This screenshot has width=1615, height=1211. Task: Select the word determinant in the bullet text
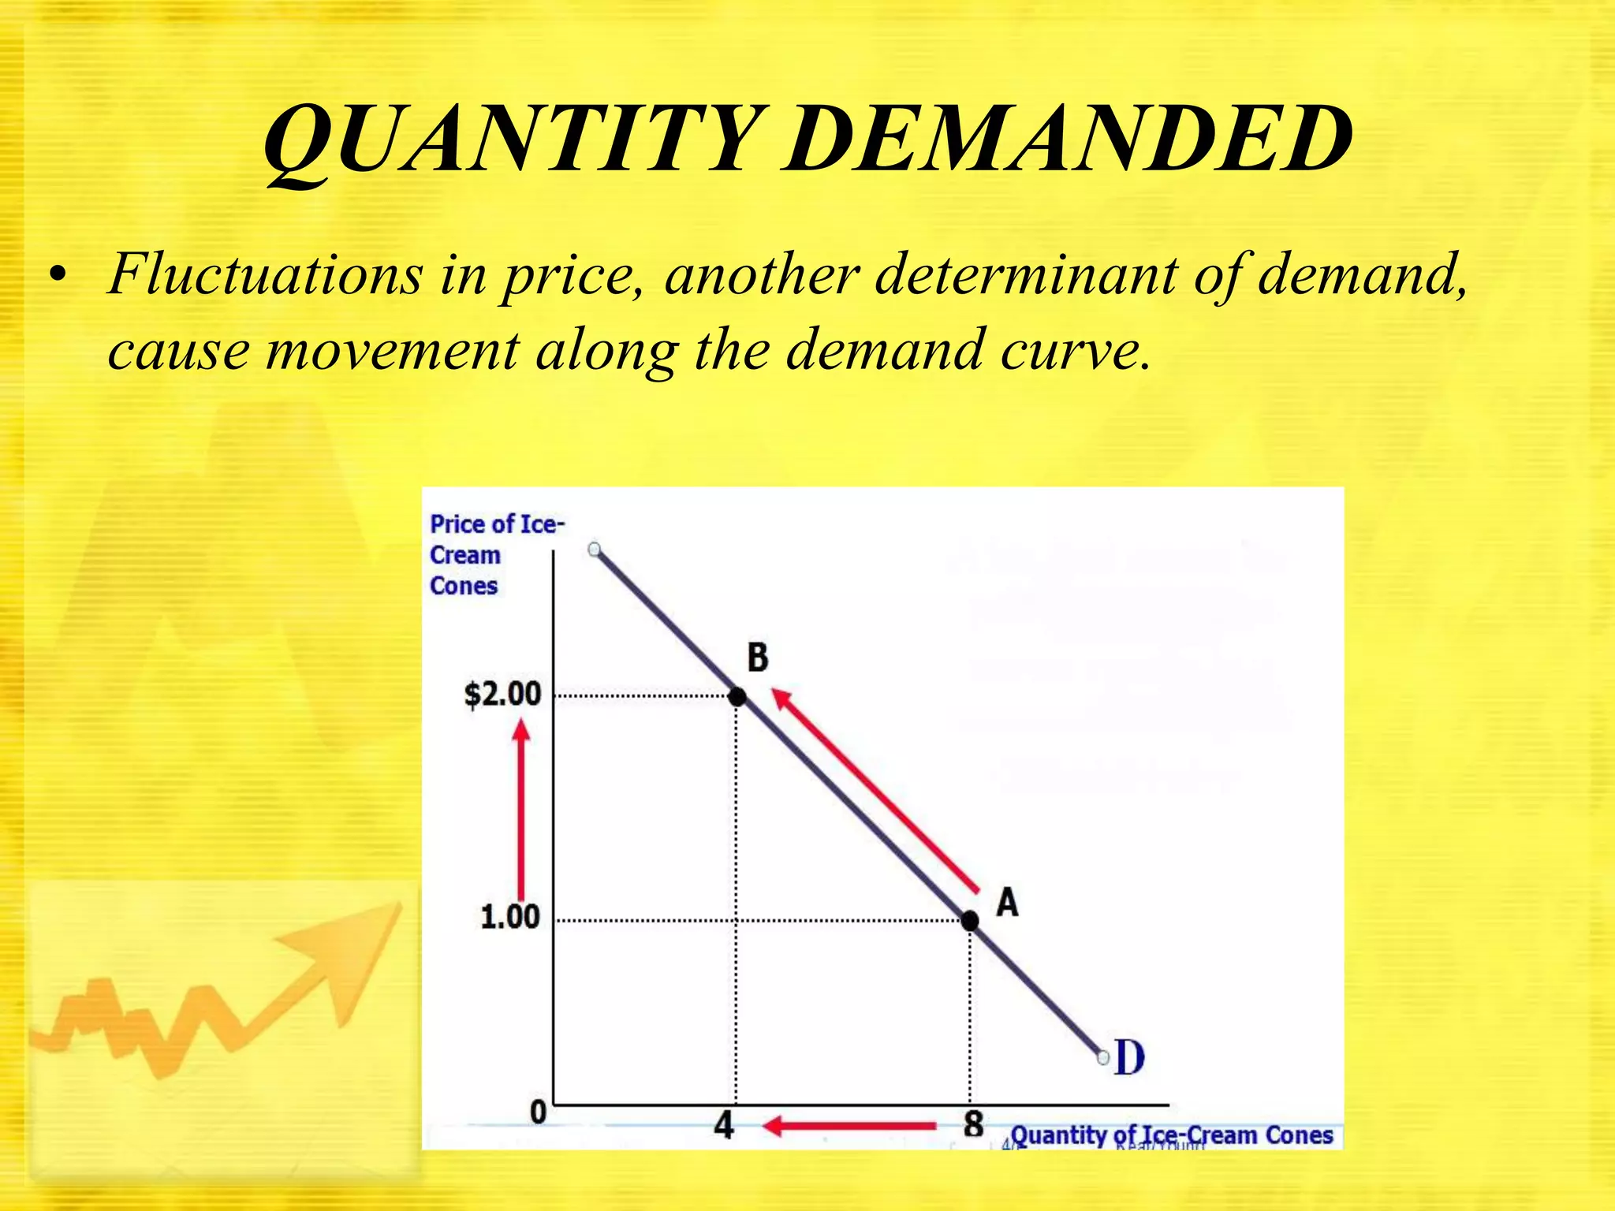pyautogui.click(x=1026, y=275)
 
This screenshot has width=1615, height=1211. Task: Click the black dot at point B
pyautogui.click(x=737, y=697)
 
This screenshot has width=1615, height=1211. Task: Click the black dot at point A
pyautogui.click(x=970, y=920)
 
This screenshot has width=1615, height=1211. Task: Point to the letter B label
pyautogui.click(x=757, y=658)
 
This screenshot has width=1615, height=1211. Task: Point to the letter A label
pyautogui.click(x=1007, y=902)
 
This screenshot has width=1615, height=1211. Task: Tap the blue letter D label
pyautogui.click(x=1129, y=1058)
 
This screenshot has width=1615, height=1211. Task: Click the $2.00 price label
pyautogui.click(x=503, y=695)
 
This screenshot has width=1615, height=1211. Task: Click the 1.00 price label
pyautogui.click(x=510, y=917)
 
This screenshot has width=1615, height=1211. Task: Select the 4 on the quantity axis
pyautogui.click(x=724, y=1125)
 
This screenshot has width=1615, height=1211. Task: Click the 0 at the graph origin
pyautogui.click(x=538, y=1112)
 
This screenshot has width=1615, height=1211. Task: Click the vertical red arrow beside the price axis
pyautogui.click(x=520, y=812)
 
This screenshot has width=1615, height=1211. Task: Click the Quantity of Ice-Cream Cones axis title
pyautogui.click(x=1172, y=1135)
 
